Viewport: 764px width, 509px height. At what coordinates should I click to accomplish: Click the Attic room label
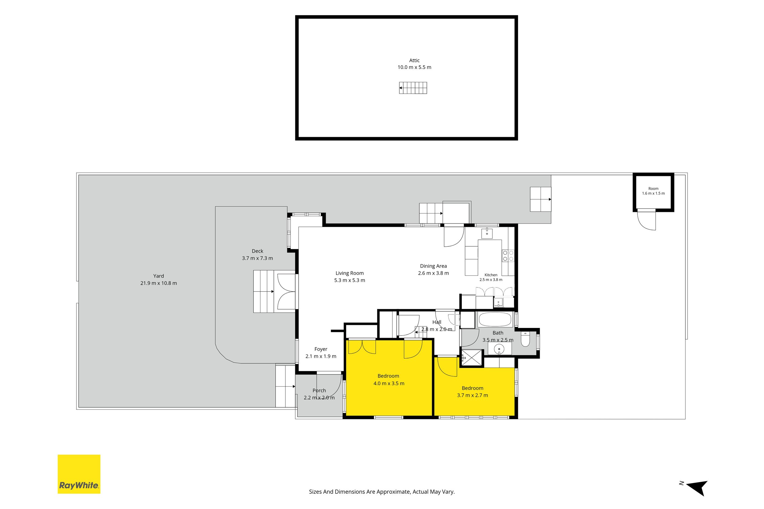click(x=414, y=60)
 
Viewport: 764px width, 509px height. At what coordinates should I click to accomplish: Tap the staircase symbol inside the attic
click(x=413, y=88)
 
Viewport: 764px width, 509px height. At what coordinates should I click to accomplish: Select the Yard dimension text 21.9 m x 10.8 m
click(x=159, y=283)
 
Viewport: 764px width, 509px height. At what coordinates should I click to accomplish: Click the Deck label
click(x=257, y=251)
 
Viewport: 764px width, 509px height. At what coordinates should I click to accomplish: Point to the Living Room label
click(x=350, y=273)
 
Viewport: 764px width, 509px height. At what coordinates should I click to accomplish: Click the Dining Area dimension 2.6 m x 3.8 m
click(x=433, y=273)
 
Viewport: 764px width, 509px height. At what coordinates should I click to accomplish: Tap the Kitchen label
click(x=491, y=275)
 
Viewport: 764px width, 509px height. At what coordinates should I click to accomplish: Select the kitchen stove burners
click(x=508, y=256)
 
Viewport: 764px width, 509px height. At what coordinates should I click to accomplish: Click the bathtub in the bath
click(x=495, y=319)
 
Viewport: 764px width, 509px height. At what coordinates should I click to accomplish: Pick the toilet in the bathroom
click(x=525, y=339)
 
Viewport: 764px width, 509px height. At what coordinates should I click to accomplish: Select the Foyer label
click(x=321, y=349)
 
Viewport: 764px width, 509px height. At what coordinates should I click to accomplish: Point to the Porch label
click(x=319, y=391)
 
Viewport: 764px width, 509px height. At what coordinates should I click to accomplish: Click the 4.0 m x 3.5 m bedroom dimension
click(x=389, y=384)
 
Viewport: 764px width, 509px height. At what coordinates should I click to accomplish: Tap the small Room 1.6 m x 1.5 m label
click(x=653, y=191)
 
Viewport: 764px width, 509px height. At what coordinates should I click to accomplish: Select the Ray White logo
click(x=79, y=474)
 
